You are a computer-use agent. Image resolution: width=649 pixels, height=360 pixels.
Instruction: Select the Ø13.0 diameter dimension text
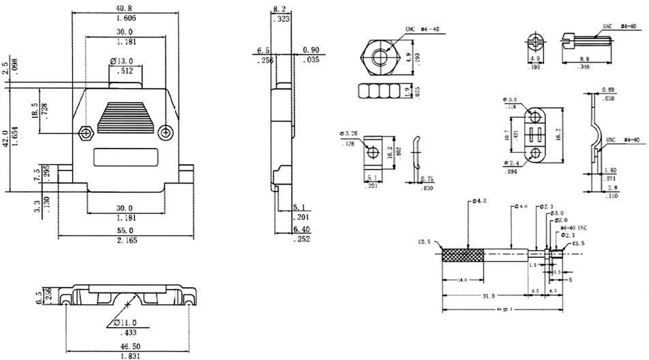[x=123, y=61]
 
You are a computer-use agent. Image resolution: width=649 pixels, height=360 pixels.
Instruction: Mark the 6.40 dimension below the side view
[x=301, y=230]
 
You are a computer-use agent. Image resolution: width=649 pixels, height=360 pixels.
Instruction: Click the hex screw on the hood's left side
[x=85, y=132]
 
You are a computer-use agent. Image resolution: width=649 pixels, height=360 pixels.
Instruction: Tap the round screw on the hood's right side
[x=165, y=132]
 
